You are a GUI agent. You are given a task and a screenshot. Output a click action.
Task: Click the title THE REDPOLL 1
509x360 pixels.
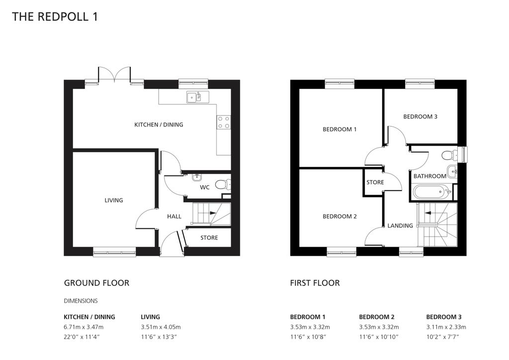pyautogui.click(x=55, y=17)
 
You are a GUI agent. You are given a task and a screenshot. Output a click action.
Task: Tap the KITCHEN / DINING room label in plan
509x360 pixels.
pyautogui.click(x=159, y=125)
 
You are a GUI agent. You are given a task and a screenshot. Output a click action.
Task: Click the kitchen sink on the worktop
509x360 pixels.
pyautogui.click(x=194, y=96)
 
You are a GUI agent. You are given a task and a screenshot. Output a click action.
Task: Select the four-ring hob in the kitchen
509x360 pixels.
pyautogui.click(x=224, y=122)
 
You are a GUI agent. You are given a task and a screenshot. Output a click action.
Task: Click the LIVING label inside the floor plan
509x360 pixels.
pyautogui.click(x=113, y=200)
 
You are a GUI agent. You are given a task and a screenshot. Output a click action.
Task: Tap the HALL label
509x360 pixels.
pyautogui.click(x=174, y=216)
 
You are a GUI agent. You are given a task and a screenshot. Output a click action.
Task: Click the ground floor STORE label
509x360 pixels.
pyautogui.click(x=209, y=238)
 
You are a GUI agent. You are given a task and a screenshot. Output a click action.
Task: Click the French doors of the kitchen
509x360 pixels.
pyautogui.click(x=115, y=76)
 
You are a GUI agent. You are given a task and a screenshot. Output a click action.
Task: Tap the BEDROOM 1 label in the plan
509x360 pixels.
pyautogui.click(x=339, y=129)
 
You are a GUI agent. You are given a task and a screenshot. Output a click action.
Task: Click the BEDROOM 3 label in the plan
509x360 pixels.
pyautogui.click(x=420, y=117)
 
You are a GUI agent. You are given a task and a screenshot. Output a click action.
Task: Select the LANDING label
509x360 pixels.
pyautogui.click(x=400, y=226)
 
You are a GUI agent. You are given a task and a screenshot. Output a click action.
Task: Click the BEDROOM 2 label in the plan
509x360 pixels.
pyautogui.click(x=339, y=216)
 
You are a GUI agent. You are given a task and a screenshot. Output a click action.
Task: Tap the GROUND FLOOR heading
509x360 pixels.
pyautogui.click(x=96, y=283)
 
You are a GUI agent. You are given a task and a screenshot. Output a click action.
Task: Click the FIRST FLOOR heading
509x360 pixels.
pyautogui.click(x=315, y=283)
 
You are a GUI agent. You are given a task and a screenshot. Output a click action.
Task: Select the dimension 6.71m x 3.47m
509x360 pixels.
pyautogui.click(x=84, y=327)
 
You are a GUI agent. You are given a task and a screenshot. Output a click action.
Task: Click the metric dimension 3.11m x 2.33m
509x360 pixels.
pyautogui.click(x=446, y=327)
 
